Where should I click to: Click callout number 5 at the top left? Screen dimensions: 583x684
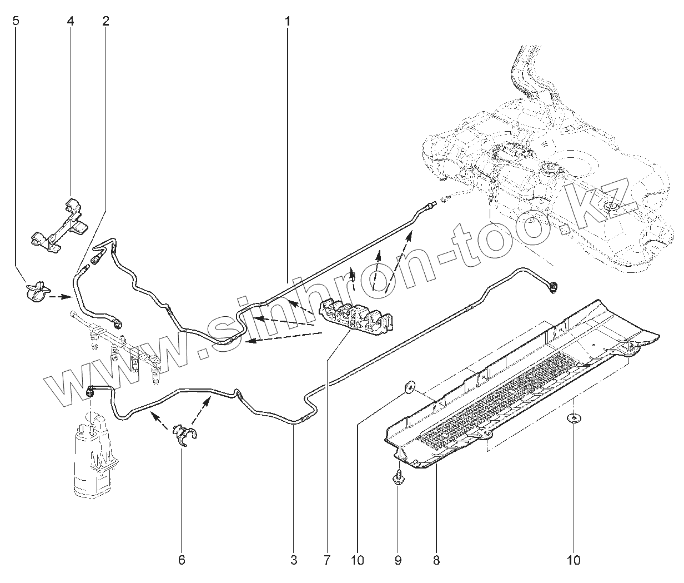click(15, 22)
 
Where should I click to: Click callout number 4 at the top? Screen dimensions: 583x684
click(70, 22)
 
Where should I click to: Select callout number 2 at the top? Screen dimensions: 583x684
click(105, 22)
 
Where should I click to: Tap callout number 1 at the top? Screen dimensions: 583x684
click(288, 22)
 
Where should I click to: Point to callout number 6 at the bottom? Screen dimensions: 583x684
click(182, 560)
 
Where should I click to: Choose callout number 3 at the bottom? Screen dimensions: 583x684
click(294, 560)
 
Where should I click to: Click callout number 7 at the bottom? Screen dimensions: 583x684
click(327, 560)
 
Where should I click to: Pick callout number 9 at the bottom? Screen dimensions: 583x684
click(398, 560)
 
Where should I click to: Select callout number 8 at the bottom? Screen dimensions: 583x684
click(436, 560)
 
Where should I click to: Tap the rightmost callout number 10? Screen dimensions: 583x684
click(574, 560)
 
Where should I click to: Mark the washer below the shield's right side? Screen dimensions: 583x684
click(574, 418)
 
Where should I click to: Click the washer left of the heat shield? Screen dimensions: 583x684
click(410, 386)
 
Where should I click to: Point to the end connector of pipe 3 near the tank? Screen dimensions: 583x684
click(554, 287)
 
